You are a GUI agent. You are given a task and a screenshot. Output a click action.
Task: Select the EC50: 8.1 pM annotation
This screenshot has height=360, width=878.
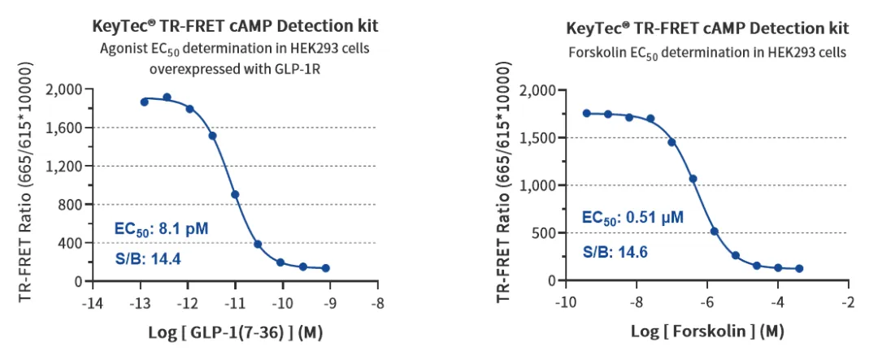pyautogui.click(x=163, y=230)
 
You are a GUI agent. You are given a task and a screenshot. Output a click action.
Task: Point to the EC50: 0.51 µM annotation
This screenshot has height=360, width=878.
pyautogui.click(x=632, y=218)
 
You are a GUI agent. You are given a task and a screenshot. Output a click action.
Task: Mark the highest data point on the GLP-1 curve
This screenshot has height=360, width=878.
pyautogui.click(x=167, y=98)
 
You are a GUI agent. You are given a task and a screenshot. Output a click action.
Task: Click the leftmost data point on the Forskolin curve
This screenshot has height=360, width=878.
pyautogui.click(x=586, y=113)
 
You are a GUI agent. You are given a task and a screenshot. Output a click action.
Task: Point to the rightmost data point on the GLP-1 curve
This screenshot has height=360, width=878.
pyautogui.click(x=325, y=267)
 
